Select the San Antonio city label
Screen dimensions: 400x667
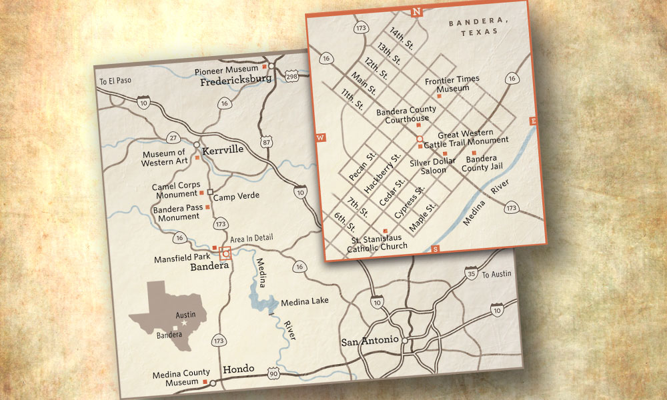point(370,341)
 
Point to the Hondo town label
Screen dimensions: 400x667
point(238,369)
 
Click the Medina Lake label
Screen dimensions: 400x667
point(305,301)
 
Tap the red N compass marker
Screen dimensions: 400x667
point(417,11)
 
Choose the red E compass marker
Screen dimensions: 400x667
point(533,121)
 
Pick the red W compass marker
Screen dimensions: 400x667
point(320,137)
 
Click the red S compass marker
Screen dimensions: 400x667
point(436,249)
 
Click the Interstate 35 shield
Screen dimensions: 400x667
point(472,274)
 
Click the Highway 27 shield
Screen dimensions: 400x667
point(174,138)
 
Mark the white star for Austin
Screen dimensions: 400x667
point(185,323)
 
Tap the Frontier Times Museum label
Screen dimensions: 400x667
point(452,84)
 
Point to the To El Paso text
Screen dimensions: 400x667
point(115,81)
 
